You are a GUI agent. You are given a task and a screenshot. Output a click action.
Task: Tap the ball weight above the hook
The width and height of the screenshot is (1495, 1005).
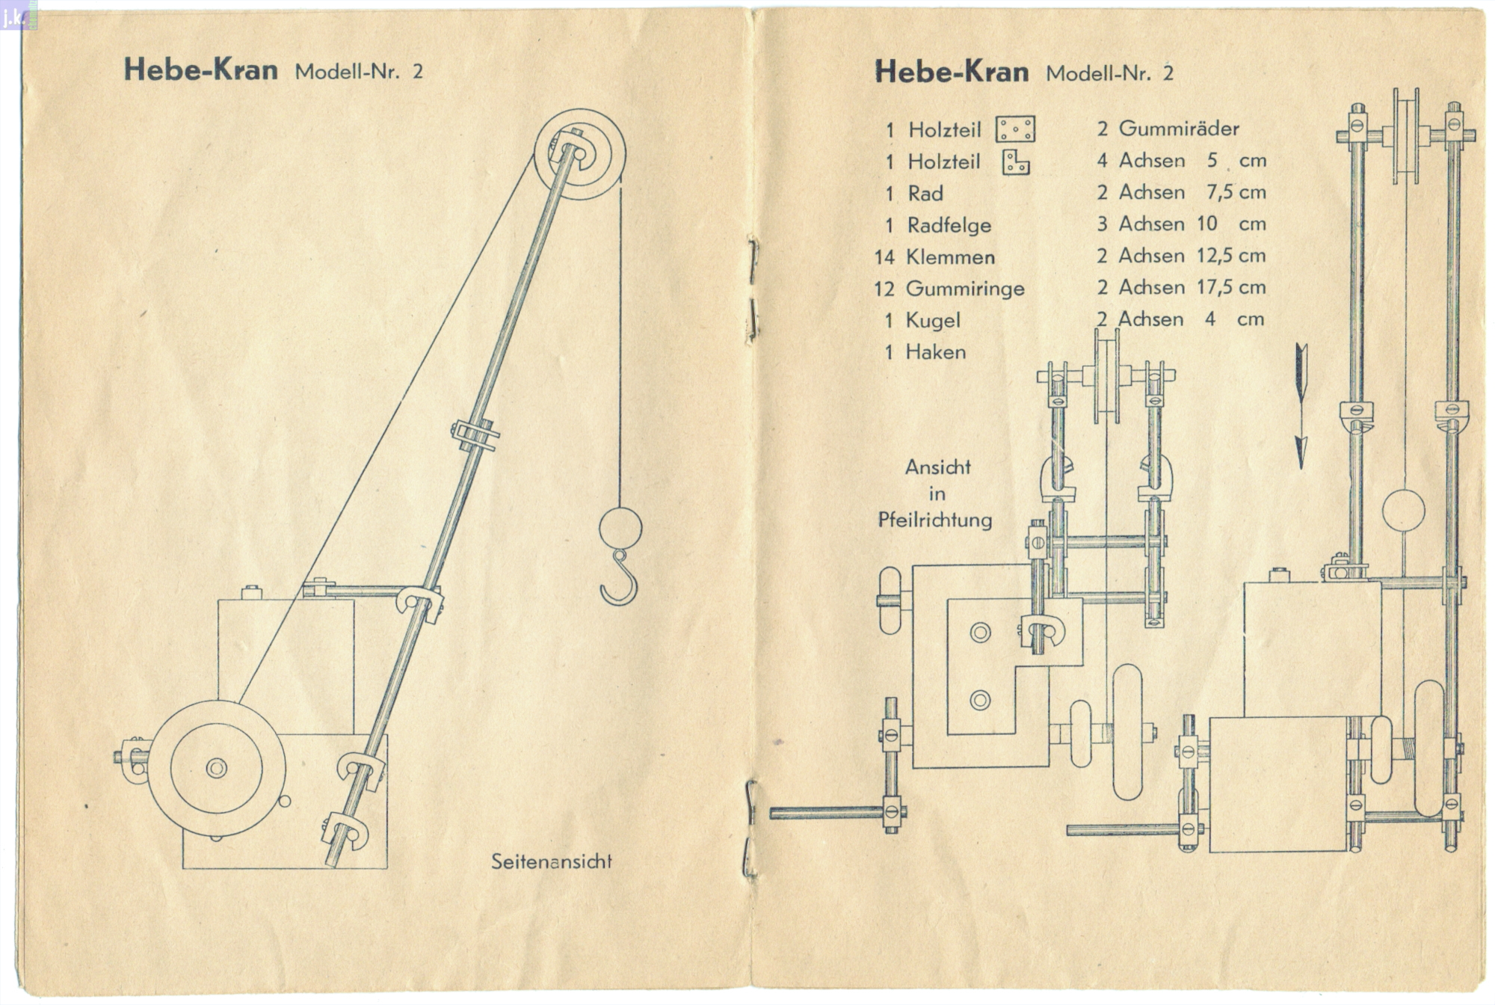tap(620, 528)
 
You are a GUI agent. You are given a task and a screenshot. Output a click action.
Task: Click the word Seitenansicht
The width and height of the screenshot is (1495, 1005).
tap(551, 861)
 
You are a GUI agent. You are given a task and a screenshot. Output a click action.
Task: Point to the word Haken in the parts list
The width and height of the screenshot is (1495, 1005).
tap(935, 352)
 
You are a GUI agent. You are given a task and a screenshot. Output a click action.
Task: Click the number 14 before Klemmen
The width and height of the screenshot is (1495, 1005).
tap(884, 257)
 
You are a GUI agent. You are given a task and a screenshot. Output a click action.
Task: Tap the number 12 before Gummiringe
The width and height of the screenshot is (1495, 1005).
tap(884, 289)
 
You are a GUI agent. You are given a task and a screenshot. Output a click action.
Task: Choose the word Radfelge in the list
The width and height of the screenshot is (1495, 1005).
tap(949, 225)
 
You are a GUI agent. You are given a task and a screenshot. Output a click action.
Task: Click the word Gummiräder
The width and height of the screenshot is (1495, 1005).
tap(1178, 129)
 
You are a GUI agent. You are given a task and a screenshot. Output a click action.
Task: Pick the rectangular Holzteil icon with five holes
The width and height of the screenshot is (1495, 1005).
tap(1015, 129)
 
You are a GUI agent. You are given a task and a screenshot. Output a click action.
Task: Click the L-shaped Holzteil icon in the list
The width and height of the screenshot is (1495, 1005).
tap(1015, 162)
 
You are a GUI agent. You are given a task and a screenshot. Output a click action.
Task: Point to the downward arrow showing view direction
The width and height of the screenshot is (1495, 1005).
tap(1301, 407)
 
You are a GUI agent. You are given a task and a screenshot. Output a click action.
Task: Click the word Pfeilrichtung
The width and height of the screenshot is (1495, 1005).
tap(935, 520)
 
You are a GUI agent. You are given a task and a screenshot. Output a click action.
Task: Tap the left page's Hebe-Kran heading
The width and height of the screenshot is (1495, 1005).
tap(200, 70)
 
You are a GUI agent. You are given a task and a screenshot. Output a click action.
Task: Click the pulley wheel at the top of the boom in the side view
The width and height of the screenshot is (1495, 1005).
tap(579, 154)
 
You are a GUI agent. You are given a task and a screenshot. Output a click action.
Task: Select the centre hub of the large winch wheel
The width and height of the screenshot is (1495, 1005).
tap(217, 768)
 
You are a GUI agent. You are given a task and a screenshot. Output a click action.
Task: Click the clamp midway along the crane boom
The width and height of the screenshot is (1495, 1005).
tap(475, 434)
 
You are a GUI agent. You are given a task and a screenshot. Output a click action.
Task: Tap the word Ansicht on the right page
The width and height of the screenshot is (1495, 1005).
tap(937, 467)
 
